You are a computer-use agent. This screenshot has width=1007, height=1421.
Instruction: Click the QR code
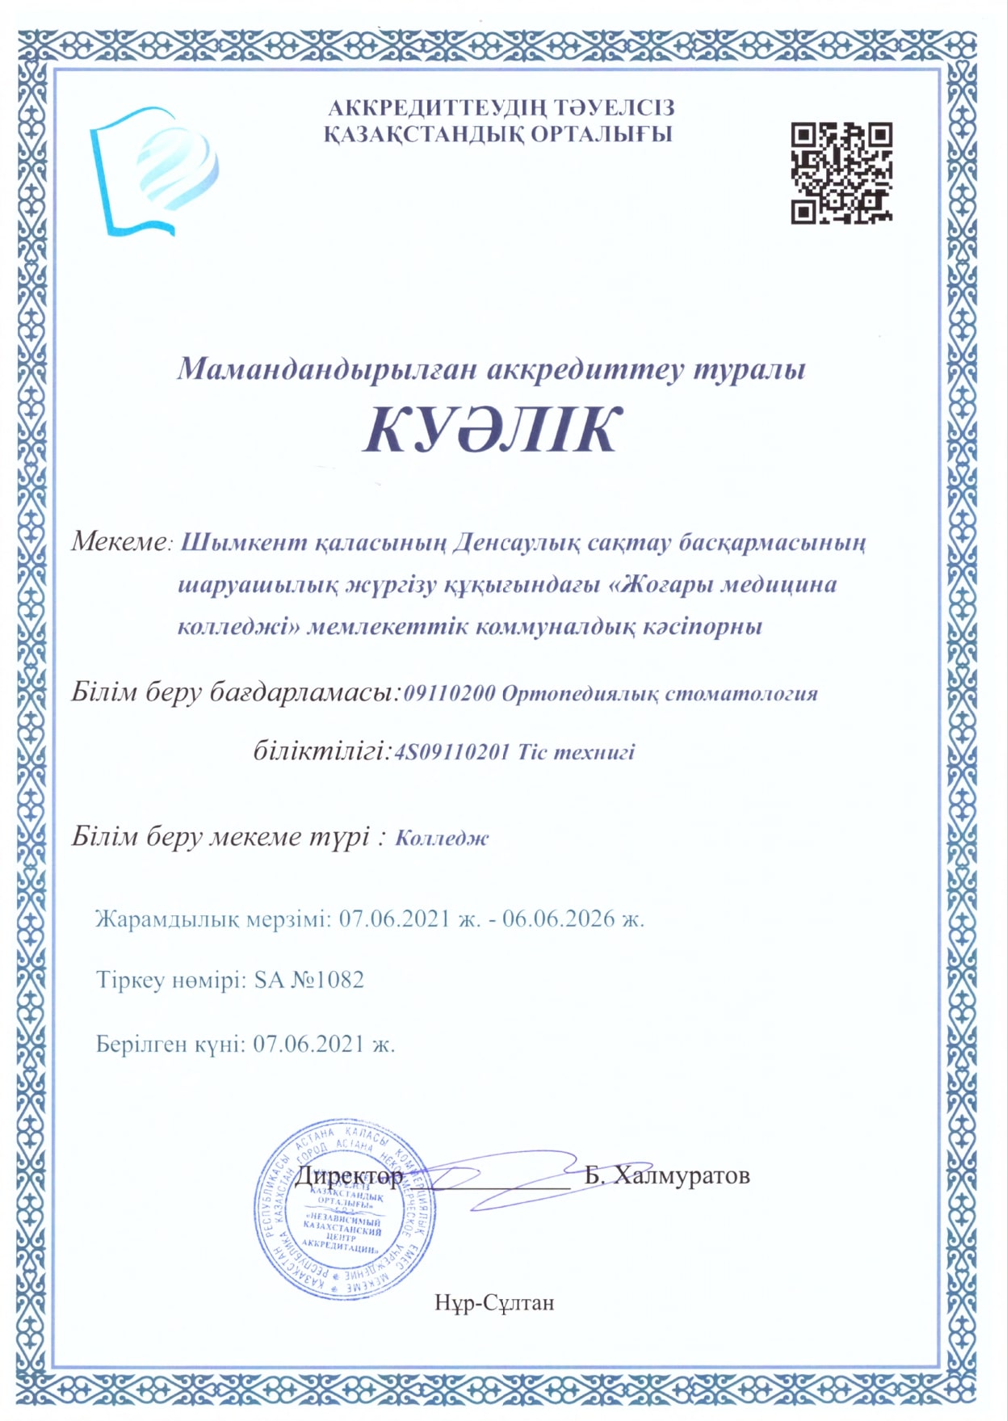(x=841, y=172)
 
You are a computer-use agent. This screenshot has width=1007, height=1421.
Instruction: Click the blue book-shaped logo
(x=153, y=171)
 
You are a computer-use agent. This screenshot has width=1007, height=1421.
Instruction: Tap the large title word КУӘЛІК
(x=492, y=429)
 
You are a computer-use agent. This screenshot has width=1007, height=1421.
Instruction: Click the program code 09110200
(x=448, y=694)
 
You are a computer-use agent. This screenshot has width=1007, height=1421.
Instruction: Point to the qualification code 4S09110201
(x=451, y=752)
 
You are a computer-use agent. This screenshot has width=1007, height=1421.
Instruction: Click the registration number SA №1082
(x=309, y=980)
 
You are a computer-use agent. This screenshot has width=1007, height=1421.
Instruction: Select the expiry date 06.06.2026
(x=559, y=919)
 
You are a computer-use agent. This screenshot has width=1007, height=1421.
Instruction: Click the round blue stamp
(x=346, y=1209)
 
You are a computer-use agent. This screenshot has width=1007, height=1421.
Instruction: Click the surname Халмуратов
(x=682, y=1175)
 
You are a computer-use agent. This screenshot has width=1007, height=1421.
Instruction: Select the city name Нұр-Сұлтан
(x=494, y=1302)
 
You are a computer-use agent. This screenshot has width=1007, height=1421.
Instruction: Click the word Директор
(x=349, y=1175)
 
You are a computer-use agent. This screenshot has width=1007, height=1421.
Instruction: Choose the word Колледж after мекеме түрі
(x=442, y=838)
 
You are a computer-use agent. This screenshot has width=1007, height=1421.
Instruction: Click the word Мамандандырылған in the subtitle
(x=327, y=368)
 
